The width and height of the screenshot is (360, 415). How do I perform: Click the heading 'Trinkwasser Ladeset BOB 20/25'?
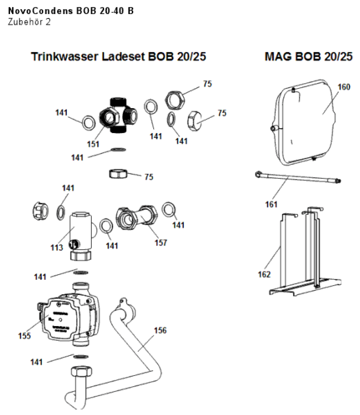coord(119,57)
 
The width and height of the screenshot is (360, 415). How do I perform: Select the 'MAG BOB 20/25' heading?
coord(309,57)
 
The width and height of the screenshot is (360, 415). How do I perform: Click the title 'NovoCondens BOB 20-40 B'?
coord(71,11)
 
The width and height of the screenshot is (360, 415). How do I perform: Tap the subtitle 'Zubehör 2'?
coord(29,22)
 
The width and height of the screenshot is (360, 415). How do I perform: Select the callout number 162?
coord(264,275)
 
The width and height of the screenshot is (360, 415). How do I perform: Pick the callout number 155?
coord(25,336)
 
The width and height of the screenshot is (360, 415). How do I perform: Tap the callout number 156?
coord(160,330)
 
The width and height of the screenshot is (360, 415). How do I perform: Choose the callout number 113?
coord(57,247)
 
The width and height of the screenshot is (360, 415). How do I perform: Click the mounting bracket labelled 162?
coord(306,257)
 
